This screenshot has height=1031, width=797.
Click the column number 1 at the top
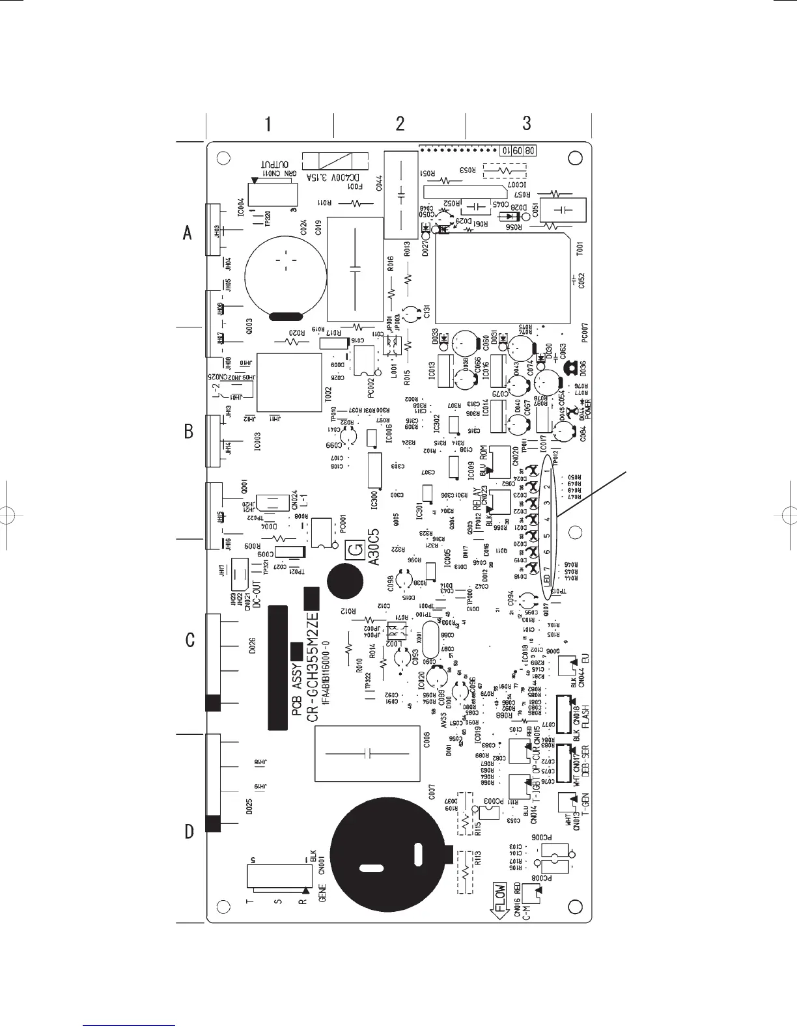point(268,123)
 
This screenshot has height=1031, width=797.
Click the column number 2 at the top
point(400,123)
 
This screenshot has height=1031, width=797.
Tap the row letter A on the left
point(188,232)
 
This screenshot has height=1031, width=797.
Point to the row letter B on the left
point(188,431)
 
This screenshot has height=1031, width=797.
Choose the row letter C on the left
point(189,640)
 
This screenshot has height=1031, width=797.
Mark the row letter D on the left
point(189,831)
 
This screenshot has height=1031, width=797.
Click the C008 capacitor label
point(426,740)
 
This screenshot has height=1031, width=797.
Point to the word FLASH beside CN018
point(585,715)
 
